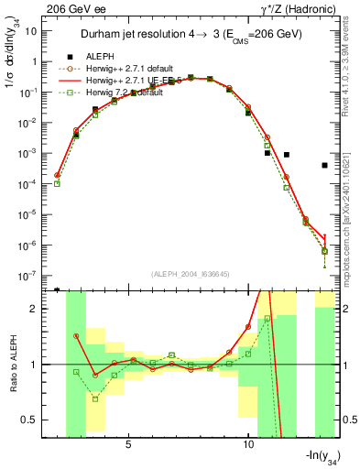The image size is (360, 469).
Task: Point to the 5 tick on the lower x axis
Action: coord(129,444)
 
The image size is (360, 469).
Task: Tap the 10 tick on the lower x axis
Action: coord(248,444)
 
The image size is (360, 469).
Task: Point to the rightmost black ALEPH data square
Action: coord(324,166)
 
